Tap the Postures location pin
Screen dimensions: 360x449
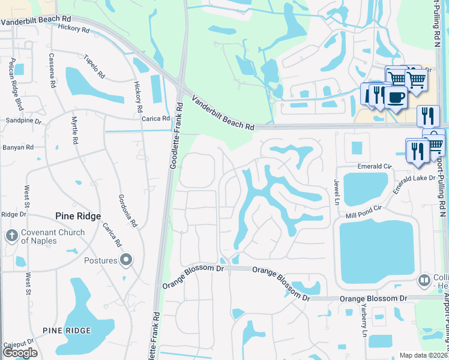click(125, 260)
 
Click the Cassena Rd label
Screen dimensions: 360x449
click(52, 71)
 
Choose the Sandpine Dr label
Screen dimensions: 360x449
click(23, 121)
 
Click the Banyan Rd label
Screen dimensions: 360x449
click(17, 147)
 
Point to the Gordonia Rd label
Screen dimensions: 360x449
click(128, 211)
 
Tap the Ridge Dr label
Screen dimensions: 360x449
click(14, 214)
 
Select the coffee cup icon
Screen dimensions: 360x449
click(396, 97)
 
